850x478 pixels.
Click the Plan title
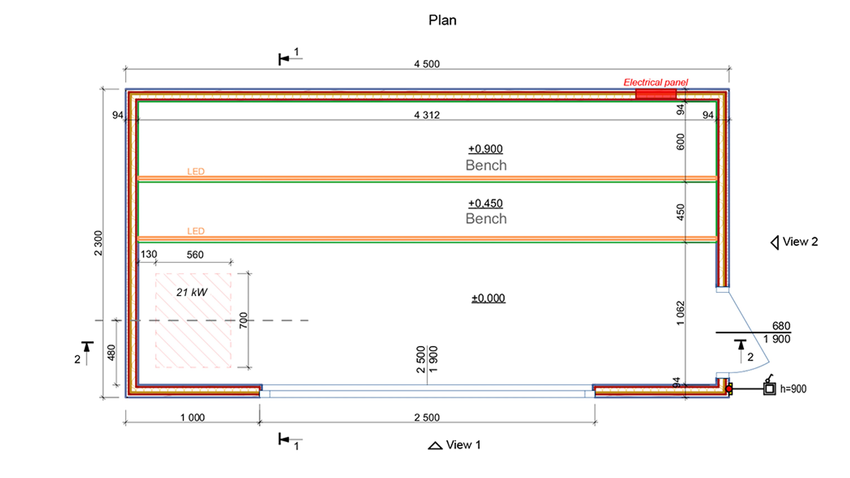click(442, 20)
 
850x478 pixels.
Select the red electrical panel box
click(656, 94)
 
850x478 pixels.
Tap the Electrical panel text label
click(656, 82)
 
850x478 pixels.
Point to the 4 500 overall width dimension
click(427, 64)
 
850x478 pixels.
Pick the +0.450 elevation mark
click(485, 203)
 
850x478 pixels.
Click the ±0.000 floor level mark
click(488, 298)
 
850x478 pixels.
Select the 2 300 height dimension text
click(98, 243)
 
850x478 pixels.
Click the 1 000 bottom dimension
click(192, 418)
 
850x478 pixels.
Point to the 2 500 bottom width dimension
click(427, 418)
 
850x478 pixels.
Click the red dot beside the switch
click(729, 389)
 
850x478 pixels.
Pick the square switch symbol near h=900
click(769, 389)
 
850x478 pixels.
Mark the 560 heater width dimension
click(195, 255)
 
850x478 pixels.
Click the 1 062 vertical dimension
click(680, 313)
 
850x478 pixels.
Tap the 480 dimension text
click(112, 353)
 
